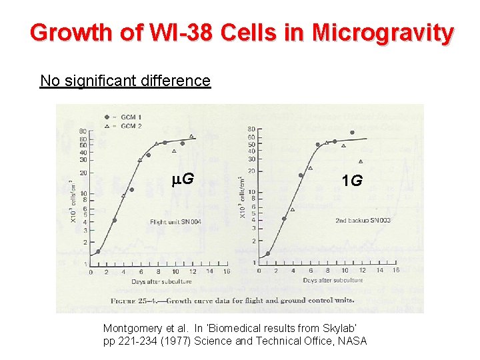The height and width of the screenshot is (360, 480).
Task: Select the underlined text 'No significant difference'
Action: (x=125, y=81)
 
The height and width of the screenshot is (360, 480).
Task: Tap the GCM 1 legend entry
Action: (x=127, y=117)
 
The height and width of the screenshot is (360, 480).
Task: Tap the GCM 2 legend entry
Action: (x=127, y=125)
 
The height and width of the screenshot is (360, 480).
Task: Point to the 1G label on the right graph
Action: (x=351, y=180)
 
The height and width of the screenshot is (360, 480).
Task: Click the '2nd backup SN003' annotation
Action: (x=363, y=220)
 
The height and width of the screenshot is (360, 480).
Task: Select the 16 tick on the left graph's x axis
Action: (x=227, y=272)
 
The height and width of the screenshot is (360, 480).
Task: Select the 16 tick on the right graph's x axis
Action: (x=396, y=270)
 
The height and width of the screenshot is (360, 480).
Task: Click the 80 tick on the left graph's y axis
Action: (x=82, y=131)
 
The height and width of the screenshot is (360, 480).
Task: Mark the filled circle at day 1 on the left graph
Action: (x=98, y=251)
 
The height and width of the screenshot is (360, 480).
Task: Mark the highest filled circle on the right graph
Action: (x=352, y=132)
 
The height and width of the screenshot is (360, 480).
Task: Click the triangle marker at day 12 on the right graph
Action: (x=361, y=161)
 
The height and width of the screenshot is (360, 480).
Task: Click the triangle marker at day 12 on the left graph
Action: (x=191, y=137)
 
